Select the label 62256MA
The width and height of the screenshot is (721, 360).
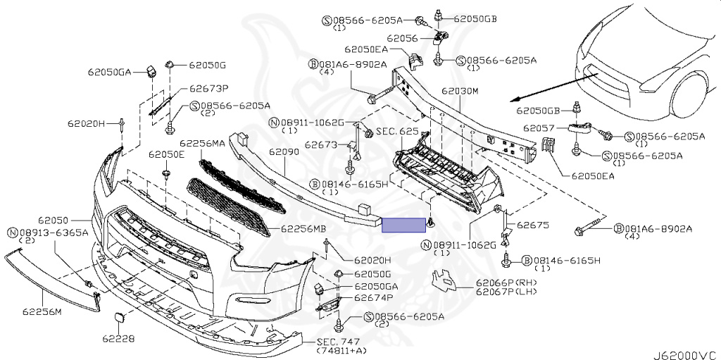[202, 142]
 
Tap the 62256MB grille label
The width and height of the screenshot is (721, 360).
[303, 229]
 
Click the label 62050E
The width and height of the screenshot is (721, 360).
[165, 154]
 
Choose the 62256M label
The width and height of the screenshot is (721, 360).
[42, 311]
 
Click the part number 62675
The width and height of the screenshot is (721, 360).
[532, 226]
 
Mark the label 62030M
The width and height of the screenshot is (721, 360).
[460, 92]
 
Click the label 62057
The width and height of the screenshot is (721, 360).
[537, 129]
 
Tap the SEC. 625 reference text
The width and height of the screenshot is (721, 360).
[399, 132]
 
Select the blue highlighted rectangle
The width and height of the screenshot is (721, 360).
[403, 225]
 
